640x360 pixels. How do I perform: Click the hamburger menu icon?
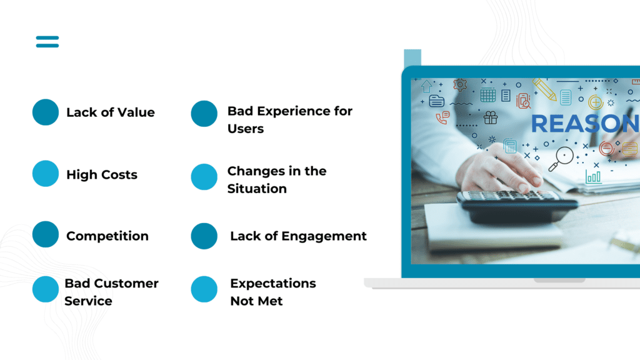point(47,42)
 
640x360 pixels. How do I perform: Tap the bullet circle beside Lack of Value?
point(46,112)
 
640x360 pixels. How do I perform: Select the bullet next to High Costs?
point(46,174)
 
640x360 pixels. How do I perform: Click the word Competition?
point(107,236)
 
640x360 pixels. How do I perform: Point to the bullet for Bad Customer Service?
point(46,289)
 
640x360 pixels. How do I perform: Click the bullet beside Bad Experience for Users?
point(204,114)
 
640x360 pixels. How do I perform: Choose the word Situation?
point(257,189)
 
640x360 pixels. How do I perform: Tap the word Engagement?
point(324,236)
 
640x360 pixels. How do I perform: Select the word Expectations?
point(273,283)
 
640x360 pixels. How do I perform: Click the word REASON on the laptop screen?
point(585,124)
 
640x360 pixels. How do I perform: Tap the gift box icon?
point(490,117)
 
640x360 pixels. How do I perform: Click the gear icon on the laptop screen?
point(460,84)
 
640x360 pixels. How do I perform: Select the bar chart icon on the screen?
point(594,177)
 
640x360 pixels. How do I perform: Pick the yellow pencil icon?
point(544,89)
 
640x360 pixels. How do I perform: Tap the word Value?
point(137,112)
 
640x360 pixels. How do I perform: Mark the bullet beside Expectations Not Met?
point(204,289)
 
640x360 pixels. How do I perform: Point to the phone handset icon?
point(442,117)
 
